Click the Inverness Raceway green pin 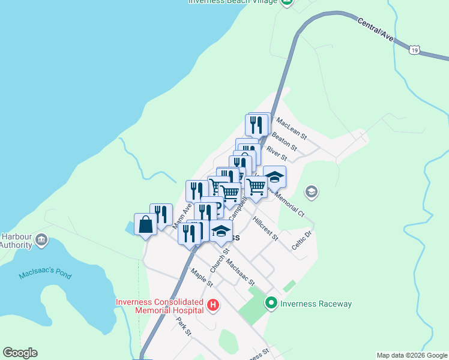point(271,304)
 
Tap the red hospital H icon point(212,306)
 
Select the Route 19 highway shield point(414,52)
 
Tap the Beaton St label point(285,142)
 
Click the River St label point(277,153)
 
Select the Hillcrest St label point(265,229)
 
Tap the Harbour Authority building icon point(41,239)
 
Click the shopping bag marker point(146,225)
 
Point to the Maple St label point(202,277)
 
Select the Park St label point(184,326)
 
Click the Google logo point(20,353)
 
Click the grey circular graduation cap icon point(311,192)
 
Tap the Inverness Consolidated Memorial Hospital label point(160,306)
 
